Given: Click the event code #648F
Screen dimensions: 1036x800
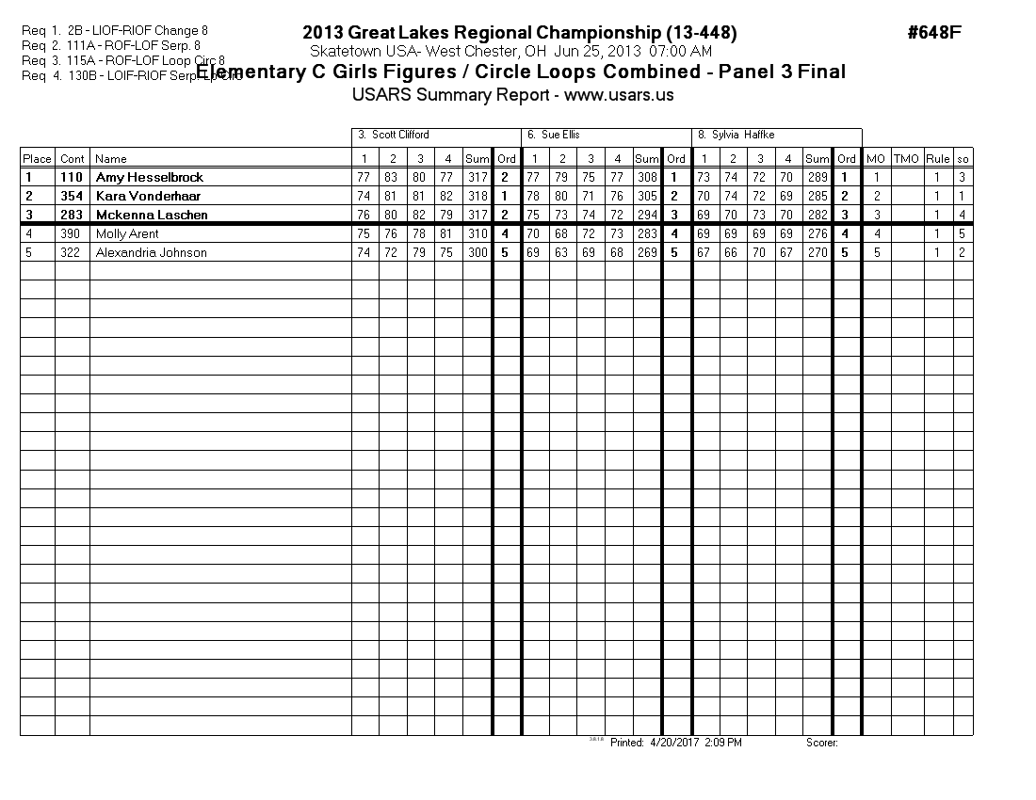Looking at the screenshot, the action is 933,33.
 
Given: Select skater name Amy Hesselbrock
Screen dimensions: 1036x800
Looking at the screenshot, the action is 150,177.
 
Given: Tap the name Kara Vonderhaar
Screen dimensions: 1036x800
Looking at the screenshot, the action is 148,196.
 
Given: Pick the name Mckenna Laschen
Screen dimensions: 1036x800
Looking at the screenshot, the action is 152,215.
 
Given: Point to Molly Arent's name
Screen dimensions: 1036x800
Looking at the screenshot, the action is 127,233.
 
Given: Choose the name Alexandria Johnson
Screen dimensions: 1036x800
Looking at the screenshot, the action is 151,252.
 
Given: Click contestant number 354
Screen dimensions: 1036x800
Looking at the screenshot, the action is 72,196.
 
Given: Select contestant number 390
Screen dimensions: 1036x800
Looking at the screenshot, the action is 72,233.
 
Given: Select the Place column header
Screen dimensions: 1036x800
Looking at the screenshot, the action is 37,159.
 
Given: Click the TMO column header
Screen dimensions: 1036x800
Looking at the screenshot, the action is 906,159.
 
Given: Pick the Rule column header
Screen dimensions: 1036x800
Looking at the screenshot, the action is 937,159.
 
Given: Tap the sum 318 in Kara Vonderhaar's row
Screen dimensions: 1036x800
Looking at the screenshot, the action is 477,196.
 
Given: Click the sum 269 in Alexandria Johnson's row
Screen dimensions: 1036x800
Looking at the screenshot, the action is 646,252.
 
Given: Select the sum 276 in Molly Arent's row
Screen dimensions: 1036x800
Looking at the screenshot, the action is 817,233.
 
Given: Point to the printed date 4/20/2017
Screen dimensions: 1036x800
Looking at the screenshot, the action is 668,743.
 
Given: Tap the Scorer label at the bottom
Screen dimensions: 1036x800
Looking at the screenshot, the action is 821,743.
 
